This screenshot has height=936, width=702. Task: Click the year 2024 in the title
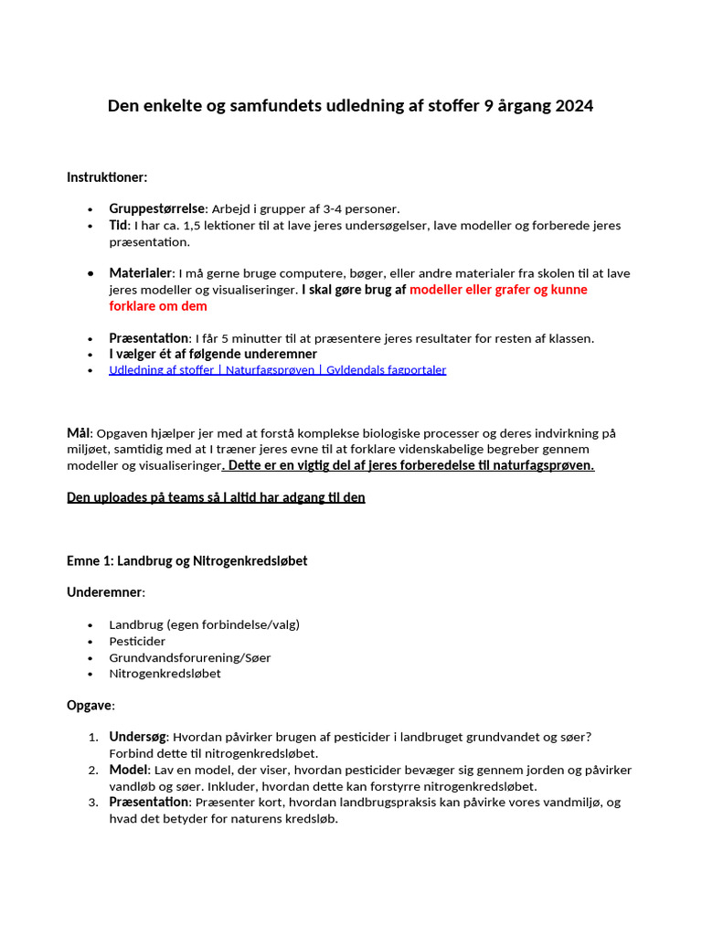pyautogui.click(x=573, y=106)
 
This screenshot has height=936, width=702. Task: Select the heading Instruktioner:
pyautogui.click(x=107, y=176)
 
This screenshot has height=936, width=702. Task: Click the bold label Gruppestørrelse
pyautogui.click(x=156, y=208)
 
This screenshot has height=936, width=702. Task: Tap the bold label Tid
pyautogui.click(x=120, y=225)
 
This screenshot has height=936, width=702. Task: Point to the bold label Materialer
pyautogui.click(x=140, y=273)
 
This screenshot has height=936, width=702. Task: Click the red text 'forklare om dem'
pyautogui.click(x=158, y=306)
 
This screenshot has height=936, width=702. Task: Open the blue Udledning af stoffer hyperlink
pyautogui.click(x=277, y=370)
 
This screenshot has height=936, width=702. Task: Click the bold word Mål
pyautogui.click(x=79, y=432)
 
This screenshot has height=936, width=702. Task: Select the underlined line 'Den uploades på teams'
pyautogui.click(x=216, y=498)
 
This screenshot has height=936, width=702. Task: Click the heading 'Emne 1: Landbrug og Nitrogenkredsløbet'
pyautogui.click(x=186, y=560)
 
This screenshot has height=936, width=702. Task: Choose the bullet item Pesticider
pyautogui.click(x=137, y=642)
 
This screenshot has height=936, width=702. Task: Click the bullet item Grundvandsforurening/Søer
pyautogui.click(x=189, y=658)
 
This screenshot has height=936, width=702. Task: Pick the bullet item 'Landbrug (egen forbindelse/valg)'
pyautogui.click(x=204, y=625)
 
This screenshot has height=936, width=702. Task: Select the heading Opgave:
pyautogui.click(x=90, y=706)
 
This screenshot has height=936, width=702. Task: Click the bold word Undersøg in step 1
pyautogui.click(x=137, y=737)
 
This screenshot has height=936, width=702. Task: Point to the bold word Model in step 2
pyautogui.click(x=128, y=770)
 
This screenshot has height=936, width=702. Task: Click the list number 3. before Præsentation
pyautogui.click(x=93, y=803)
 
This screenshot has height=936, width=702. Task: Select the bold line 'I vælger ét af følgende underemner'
pyautogui.click(x=213, y=354)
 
